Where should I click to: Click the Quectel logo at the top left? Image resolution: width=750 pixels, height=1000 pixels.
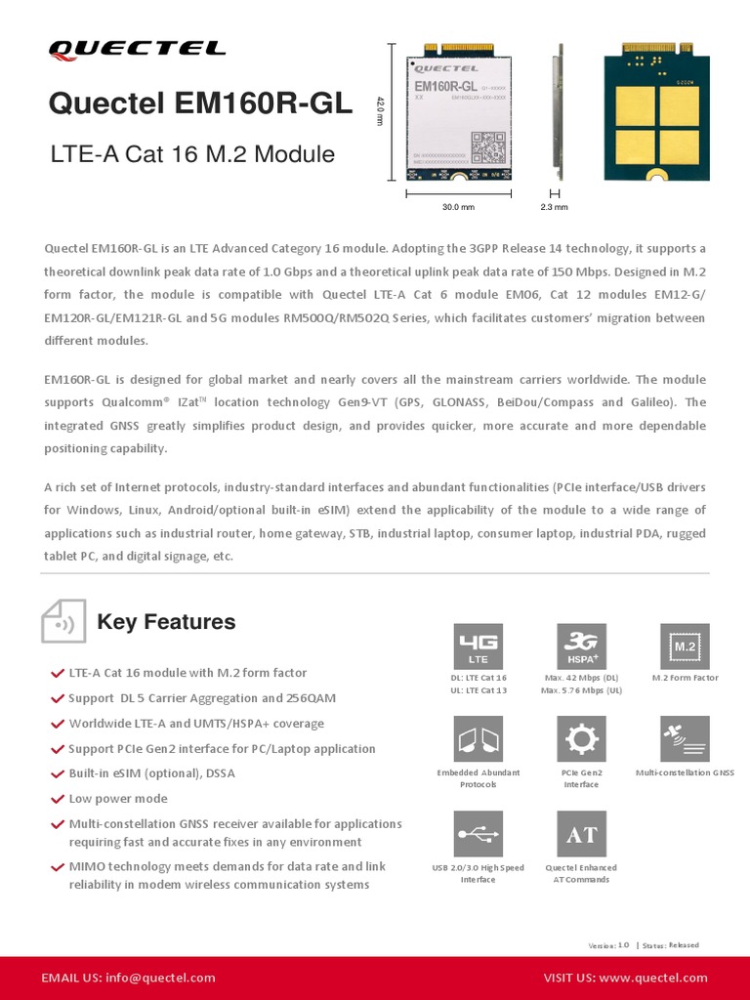point(137,49)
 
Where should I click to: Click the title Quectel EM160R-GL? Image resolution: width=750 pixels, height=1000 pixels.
point(200,104)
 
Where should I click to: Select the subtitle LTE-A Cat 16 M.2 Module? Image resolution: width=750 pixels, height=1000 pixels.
point(191,154)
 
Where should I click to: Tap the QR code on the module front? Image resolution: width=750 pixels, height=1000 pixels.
point(487,146)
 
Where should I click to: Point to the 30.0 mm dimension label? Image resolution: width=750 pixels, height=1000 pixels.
point(458,207)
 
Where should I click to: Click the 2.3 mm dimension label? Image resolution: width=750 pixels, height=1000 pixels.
point(554,207)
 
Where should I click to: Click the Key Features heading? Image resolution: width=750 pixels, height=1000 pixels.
point(166,622)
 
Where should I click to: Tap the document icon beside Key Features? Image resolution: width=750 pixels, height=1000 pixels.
point(63,622)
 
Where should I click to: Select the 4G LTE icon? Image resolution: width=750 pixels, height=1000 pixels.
point(479,646)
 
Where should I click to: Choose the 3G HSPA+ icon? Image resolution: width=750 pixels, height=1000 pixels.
point(581,646)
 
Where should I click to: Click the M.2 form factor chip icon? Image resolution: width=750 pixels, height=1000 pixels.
point(685,646)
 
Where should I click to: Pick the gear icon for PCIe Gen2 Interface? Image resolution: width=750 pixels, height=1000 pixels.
point(581,739)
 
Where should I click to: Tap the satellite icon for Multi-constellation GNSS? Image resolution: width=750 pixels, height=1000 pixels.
point(685,739)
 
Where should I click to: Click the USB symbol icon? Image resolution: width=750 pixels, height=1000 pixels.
point(479,834)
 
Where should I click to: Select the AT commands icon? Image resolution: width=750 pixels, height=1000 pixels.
point(581,834)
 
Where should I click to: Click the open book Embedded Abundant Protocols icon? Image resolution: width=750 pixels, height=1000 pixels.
point(479,739)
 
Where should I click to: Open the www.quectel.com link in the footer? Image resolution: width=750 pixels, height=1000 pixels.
point(653,978)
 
